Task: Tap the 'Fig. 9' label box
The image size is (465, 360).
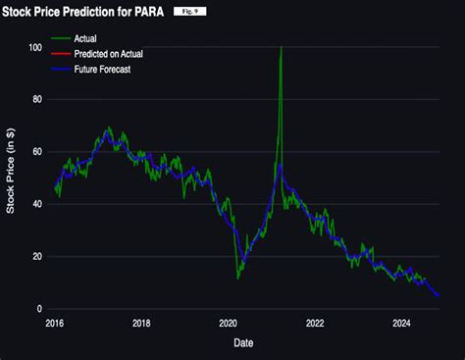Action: pos(190,11)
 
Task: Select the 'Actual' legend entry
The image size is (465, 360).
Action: pos(97,39)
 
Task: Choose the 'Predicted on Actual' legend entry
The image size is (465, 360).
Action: pos(122,55)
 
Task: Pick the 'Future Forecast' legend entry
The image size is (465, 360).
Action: pos(115,71)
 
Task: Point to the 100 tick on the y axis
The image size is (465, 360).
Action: pos(35,48)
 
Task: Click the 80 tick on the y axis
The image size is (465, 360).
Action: pos(37,100)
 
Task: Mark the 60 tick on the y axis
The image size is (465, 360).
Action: pos(37,152)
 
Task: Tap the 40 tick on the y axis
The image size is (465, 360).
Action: pos(37,204)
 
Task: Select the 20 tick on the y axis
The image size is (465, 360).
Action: pos(37,256)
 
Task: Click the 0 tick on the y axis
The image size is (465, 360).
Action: pos(39,308)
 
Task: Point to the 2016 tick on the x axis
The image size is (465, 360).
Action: pos(55,322)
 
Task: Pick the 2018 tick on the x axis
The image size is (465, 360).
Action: pos(141,322)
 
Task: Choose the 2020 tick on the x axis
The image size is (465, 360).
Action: pos(228,322)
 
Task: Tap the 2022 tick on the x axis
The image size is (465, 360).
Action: pos(315,322)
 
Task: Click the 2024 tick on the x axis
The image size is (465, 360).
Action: pos(401,322)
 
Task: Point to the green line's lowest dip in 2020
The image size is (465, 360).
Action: pos(237,278)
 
